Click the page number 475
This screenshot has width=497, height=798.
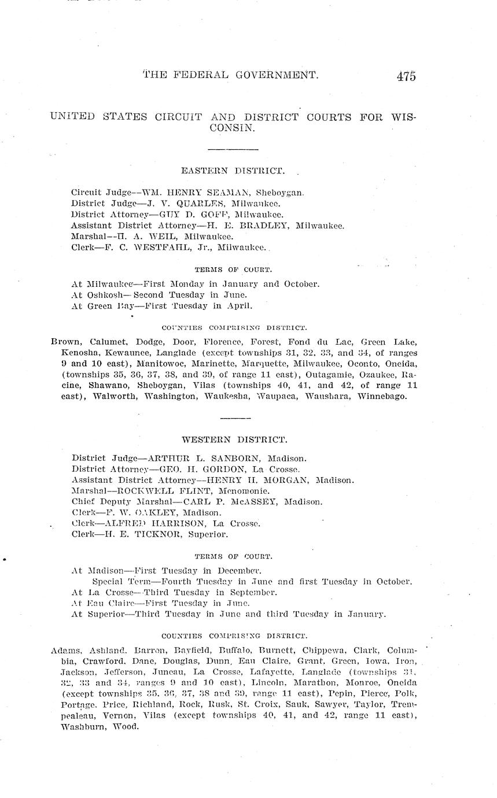pyautogui.click(x=406, y=76)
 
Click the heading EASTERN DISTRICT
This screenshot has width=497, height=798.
pyautogui.click(x=233, y=171)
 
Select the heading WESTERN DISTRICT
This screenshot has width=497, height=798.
pyautogui.click(x=234, y=440)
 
